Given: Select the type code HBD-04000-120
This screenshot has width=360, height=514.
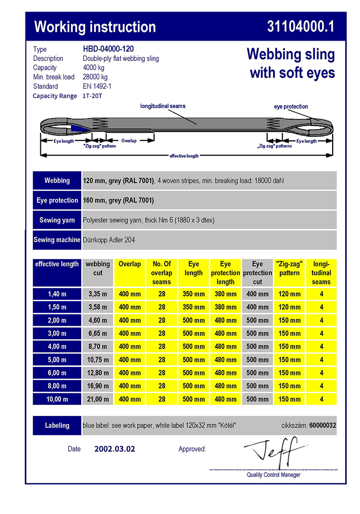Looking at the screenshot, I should [x=108, y=49].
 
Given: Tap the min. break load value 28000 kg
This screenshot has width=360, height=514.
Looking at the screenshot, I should [x=95, y=77].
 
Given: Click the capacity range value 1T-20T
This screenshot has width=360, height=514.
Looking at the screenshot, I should [x=92, y=96].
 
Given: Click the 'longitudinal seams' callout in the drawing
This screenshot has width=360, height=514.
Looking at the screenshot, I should [x=163, y=106].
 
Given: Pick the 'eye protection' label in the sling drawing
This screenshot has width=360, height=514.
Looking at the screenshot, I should [x=291, y=107].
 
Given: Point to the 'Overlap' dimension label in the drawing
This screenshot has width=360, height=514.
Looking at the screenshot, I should [x=129, y=141].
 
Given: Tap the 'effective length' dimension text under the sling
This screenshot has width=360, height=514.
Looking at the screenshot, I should [x=184, y=156].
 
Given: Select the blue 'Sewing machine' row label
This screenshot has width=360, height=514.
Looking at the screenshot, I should [x=57, y=240].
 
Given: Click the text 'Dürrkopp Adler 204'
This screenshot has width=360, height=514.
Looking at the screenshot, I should [x=109, y=240].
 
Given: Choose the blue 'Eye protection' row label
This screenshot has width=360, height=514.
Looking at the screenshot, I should [x=57, y=200].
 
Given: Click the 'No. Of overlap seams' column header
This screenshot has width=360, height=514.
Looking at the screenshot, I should [x=162, y=273].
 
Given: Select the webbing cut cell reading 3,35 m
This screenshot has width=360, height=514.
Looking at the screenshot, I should [x=98, y=294].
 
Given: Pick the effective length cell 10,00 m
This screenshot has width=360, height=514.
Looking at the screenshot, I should [x=57, y=399].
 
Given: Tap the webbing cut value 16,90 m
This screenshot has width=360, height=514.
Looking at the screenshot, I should [x=98, y=386].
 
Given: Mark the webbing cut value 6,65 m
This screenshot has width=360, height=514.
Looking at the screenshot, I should [x=98, y=333].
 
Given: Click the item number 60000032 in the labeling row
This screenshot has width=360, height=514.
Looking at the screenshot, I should [x=323, y=425].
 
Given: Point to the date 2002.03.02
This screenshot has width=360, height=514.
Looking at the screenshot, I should [x=115, y=449].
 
